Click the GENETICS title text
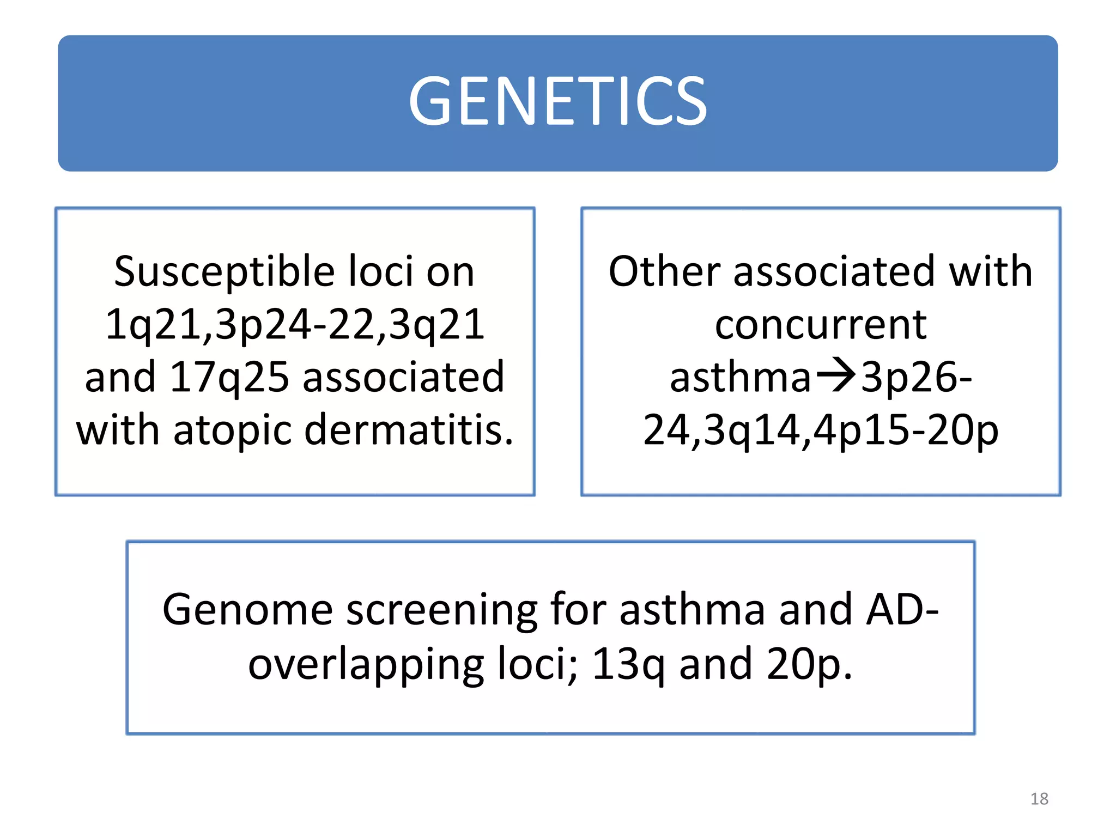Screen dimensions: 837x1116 [557, 101]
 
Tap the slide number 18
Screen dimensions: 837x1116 [1039, 799]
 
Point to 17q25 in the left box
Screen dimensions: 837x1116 [229, 377]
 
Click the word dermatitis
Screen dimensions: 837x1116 [409, 430]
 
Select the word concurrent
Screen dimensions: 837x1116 [821, 324]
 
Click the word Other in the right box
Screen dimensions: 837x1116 [664, 271]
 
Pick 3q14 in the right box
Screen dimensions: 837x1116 [753, 430]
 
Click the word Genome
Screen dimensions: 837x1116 [248, 610]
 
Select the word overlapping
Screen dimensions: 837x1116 [366, 665]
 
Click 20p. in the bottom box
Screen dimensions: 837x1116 [809, 665]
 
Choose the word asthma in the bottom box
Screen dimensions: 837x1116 [692, 609]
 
